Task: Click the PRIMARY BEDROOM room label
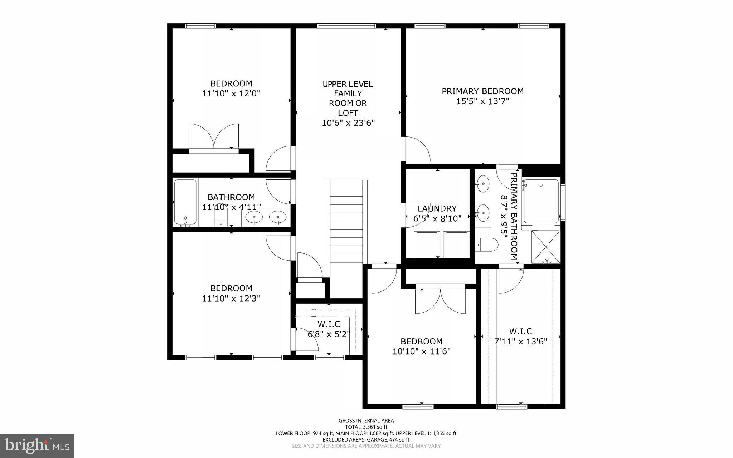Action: coord(482,91)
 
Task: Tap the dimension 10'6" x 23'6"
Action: coord(348,123)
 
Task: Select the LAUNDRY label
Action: coord(437,208)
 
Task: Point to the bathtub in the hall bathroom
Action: coord(185,202)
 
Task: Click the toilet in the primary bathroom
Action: coord(487,245)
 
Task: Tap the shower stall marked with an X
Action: coord(545,247)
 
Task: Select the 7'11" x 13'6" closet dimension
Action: coord(521,342)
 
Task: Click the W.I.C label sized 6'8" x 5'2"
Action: coord(329,324)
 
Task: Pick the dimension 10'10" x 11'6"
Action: coord(421,352)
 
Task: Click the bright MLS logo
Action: coord(37,445)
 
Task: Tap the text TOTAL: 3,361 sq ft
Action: coord(366,427)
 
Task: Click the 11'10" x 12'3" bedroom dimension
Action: coord(231,298)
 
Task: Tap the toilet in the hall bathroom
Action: coord(221,218)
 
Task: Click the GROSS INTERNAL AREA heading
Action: coord(366,421)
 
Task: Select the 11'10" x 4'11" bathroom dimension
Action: coord(231,207)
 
